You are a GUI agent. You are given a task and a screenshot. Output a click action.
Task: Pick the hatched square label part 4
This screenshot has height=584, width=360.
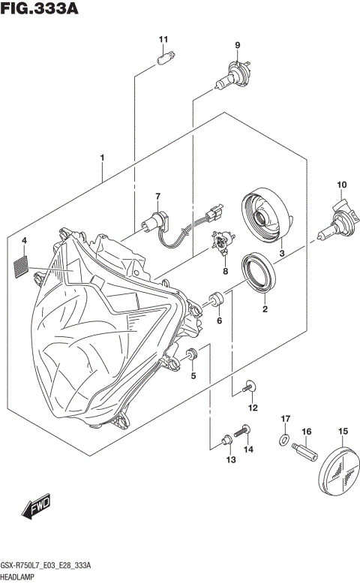click(22, 263)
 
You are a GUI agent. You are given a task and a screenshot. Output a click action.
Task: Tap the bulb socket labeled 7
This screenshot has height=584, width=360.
click(154, 221)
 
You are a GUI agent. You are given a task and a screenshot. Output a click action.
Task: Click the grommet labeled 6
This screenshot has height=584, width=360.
click(217, 300)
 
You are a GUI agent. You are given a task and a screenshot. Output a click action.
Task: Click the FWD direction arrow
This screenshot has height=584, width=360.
click(36, 510)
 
